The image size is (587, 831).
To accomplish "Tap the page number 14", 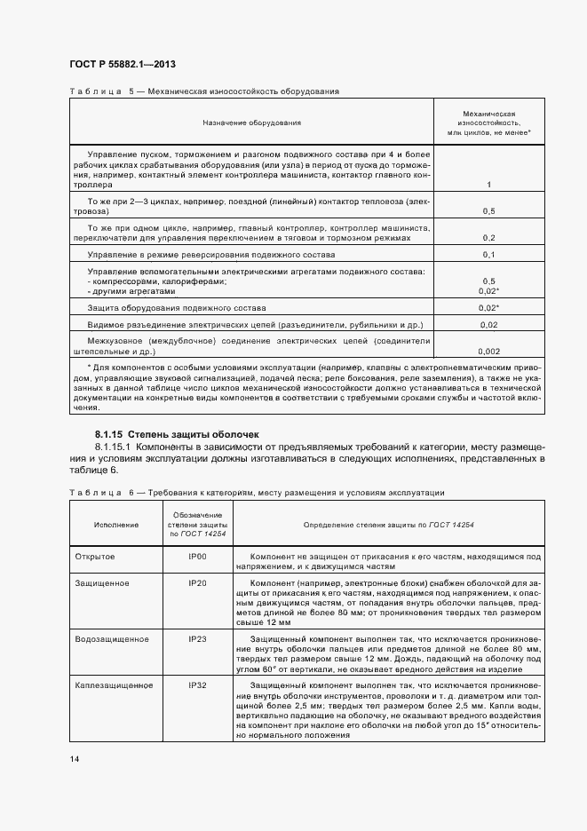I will point(74,758).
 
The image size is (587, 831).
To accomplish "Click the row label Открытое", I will point(96,556).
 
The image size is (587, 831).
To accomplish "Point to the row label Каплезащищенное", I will point(113,685).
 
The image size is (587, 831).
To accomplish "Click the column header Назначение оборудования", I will point(252,122).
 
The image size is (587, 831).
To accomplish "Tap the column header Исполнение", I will point(115,525).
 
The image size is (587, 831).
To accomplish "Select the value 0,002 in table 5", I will point(488,352).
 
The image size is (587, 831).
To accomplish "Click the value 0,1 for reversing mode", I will point(488,255).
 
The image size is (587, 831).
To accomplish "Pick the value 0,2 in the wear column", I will point(488,238).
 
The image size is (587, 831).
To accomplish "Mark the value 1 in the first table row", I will point(489,185).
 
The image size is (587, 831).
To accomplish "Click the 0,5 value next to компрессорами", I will point(488,281).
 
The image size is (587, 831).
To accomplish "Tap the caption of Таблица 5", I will point(203,91).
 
